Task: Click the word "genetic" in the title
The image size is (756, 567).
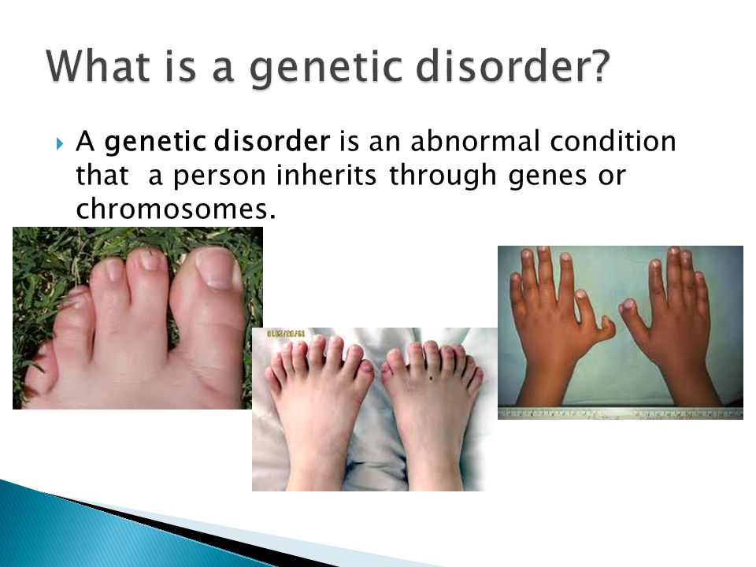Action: (x=326, y=67)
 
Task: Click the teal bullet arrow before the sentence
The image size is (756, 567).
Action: (x=60, y=143)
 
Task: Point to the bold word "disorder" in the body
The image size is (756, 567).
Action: (x=272, y=141)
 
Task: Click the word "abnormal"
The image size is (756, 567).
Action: (x=475, y=141)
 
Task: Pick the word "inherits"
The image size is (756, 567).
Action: (x=326, y=175)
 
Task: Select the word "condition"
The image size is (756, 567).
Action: (x=613, y=141)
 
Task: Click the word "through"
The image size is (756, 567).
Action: (x=443, y=176)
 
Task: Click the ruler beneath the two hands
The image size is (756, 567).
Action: (x=621, y=413)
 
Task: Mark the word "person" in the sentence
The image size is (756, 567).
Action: (x=219, y=176)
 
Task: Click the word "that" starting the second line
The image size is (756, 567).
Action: (x=102, y=175)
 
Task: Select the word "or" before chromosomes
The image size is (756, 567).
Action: (x=612, y=176)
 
